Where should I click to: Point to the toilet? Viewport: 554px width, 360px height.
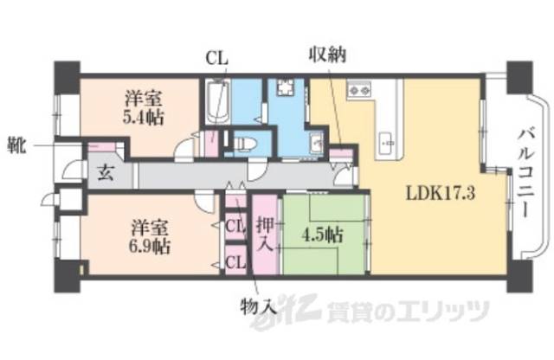pos(244,142)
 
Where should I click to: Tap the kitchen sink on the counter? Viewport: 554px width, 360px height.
pos(387,137)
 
